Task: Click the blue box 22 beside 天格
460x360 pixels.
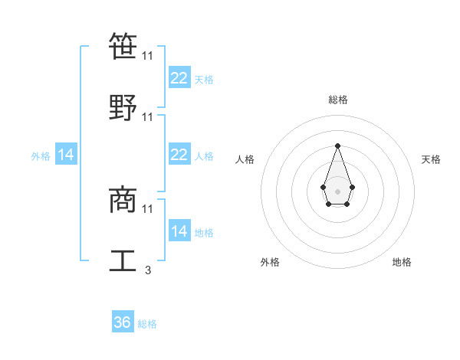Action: click(x=179, y=77)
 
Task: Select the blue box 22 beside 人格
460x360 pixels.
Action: click(x=179, y=155)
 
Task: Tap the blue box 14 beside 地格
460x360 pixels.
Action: click(x=179, y=231)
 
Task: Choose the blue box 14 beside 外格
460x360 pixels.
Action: click(x=66, y=155)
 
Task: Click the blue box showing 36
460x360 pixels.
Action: click(x=123, y=322)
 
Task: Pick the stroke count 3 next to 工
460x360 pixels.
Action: click(x=148, y=270)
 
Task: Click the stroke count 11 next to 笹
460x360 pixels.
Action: click(x=148, y=56)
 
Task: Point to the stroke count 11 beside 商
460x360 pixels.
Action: click(x=148, y=208)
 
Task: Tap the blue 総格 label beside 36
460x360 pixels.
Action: click(x=147, y=324)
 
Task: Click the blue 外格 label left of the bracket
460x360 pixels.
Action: click(x=41, y=155)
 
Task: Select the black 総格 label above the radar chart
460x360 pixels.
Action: click(x=337, y=100)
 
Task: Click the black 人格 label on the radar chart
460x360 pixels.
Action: click(x=245, y=159)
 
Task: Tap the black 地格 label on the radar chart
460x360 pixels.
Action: click(x=402, y=262)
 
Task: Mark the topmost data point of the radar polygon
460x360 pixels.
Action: click(x=337, y=145)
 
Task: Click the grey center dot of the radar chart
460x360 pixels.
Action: click(x=337, y=190)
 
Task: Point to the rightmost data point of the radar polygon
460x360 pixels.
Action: click(x=352, y=187)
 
